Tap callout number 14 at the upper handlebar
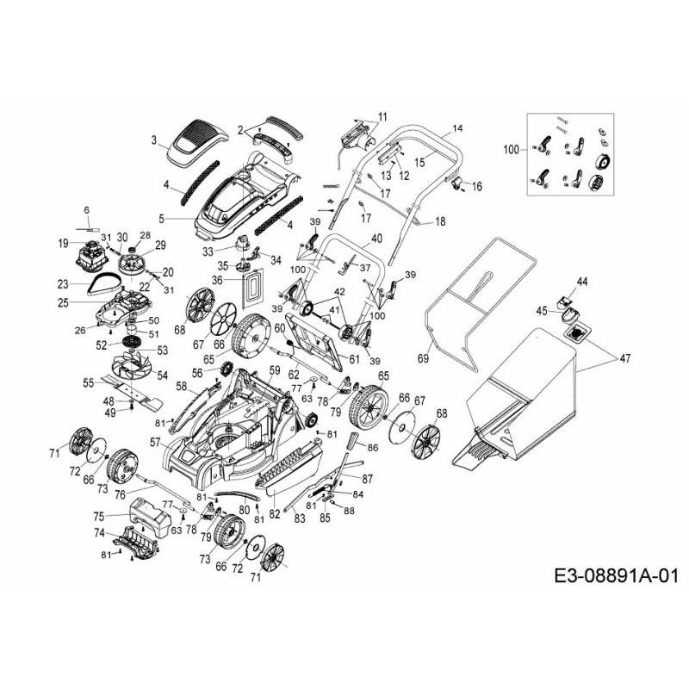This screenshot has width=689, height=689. point(456,128)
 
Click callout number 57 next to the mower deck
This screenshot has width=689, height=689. point(156,442)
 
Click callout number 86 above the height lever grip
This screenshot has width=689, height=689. point(372,448)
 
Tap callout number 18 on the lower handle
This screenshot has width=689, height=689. point(440,221)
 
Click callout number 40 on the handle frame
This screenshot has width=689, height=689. point(376,238)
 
